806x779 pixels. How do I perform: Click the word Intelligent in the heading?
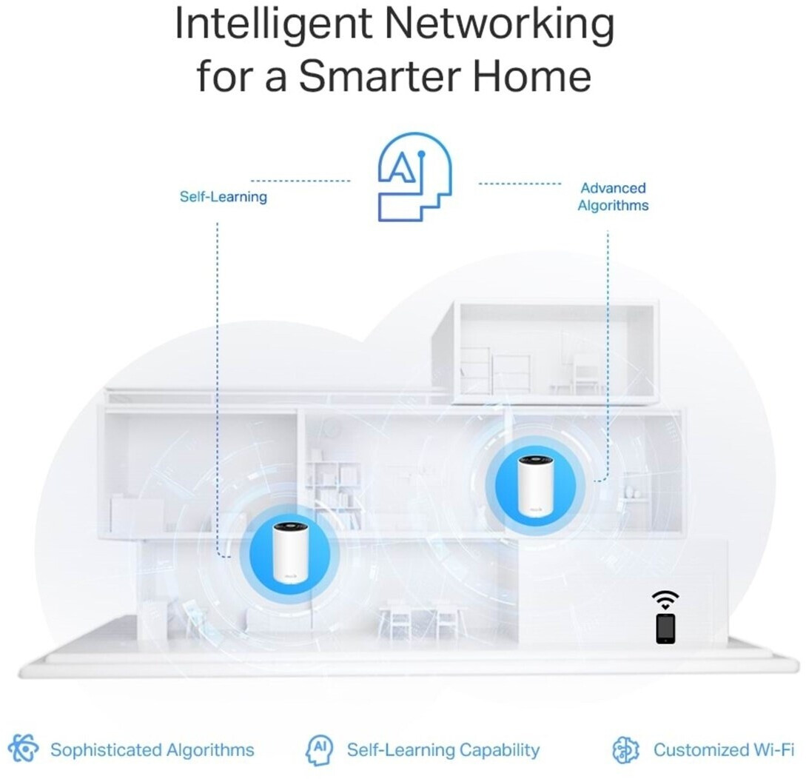[273, 24]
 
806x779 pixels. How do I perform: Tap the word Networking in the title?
[500, 24]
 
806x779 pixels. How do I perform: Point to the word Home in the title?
[532, 76]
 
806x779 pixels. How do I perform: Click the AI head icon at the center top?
[414, 177]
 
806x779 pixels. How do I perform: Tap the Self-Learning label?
[223, 196]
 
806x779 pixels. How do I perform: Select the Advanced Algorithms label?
[613, 196]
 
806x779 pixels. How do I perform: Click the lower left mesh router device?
[290, 552]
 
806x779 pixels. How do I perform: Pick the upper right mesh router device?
[534, 486]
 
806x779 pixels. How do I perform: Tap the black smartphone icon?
[665, 628]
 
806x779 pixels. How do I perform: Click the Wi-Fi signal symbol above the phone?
[665, 600]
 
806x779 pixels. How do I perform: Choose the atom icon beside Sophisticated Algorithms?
[23, 748]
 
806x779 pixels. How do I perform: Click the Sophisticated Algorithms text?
[152, 749]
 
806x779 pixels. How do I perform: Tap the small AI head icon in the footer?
[319, 749]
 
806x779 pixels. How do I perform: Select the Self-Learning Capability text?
[443, 750]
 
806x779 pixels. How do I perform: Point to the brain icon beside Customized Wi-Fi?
[625, 749]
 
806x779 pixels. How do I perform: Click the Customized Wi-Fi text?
[724, 749]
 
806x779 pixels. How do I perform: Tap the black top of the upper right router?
[534, 460]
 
